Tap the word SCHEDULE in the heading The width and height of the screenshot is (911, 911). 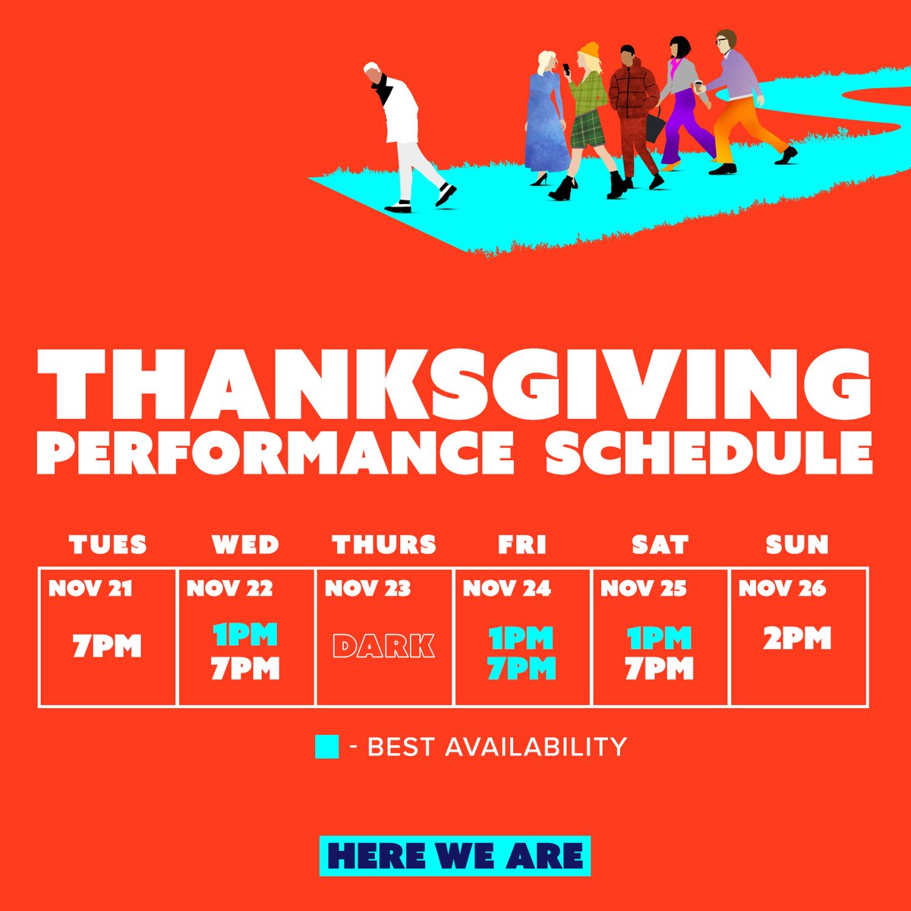click(708, 454)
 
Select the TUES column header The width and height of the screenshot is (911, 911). click(108, 544)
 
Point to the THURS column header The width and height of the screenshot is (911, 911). click(384, 544)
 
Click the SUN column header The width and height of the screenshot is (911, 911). click(797, 544)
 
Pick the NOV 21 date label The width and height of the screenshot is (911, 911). click(90, 588)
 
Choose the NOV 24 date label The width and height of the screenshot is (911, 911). click(506, 588)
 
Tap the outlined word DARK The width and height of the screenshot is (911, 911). click(384, 646)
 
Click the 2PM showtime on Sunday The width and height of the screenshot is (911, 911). click(797, 639)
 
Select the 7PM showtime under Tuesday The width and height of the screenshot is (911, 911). click(107, 647)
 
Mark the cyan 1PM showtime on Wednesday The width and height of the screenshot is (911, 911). click(245, 635)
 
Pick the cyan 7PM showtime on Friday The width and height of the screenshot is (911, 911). click(522, 669)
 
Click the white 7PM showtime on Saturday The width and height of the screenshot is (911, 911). click(659, 669)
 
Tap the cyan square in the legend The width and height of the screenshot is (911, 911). click(326, 747)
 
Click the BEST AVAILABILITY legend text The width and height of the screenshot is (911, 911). click(497, 747)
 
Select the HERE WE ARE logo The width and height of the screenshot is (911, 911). click(455, 856)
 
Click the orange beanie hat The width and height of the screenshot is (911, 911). click(588, 52)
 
